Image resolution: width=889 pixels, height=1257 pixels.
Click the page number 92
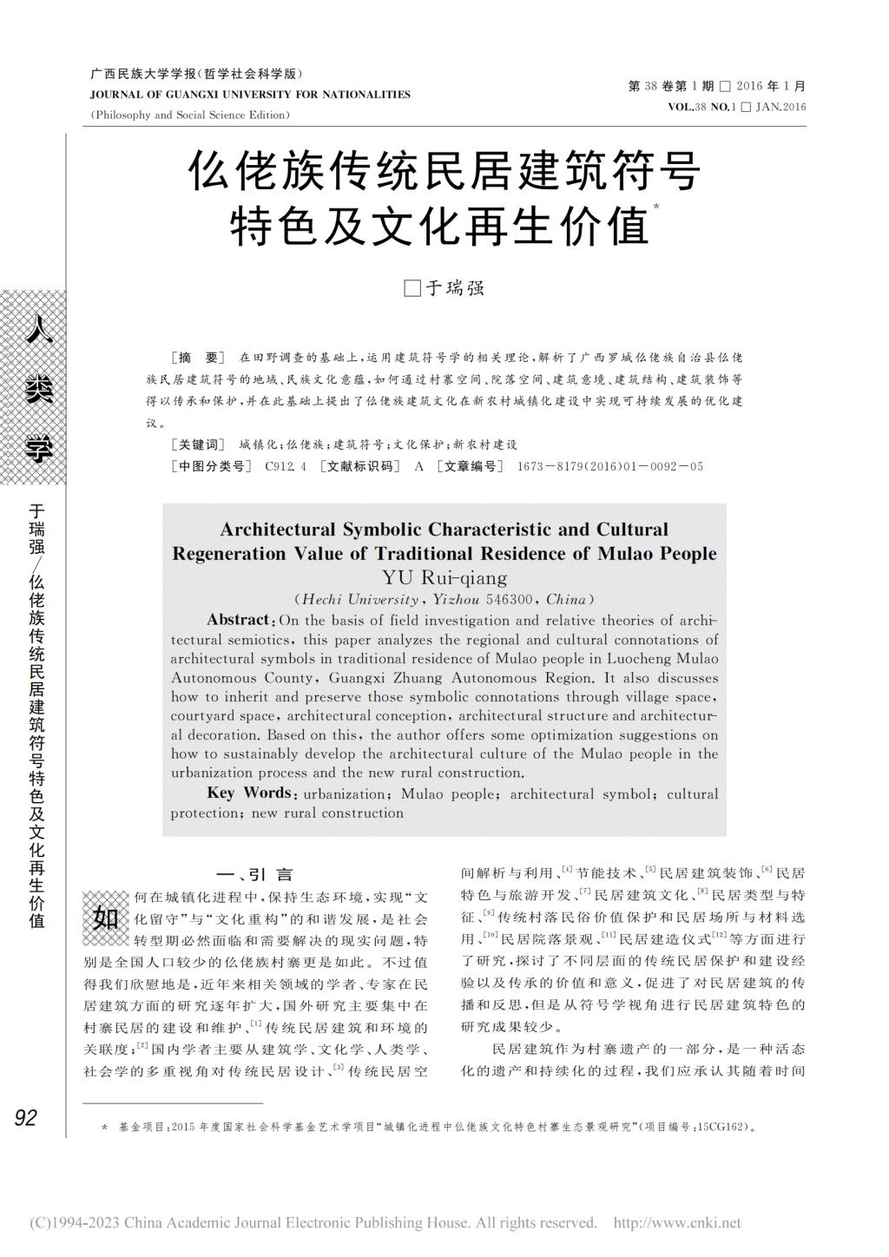tap(25, 1117)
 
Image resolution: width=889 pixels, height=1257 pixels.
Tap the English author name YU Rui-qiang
tap(444, 577)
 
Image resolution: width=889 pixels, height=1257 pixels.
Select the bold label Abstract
tap(238, 620)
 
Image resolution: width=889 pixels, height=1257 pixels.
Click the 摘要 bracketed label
tap(198, 358)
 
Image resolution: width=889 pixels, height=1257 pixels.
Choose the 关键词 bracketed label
tap(198, 444)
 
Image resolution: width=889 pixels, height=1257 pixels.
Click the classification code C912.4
tap(286, 466)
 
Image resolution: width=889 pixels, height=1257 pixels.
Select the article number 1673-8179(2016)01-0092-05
tap(609, 466)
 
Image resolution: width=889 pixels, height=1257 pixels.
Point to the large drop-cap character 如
tap(105, 917)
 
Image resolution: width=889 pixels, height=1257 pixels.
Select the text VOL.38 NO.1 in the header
tap(701, 107)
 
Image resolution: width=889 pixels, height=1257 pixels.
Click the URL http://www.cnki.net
tap(677, 1223)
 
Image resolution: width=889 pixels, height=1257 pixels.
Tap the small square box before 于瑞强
tap(412, 289)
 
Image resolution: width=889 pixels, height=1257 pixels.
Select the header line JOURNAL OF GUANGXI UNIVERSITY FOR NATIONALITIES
tap(250, 95)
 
